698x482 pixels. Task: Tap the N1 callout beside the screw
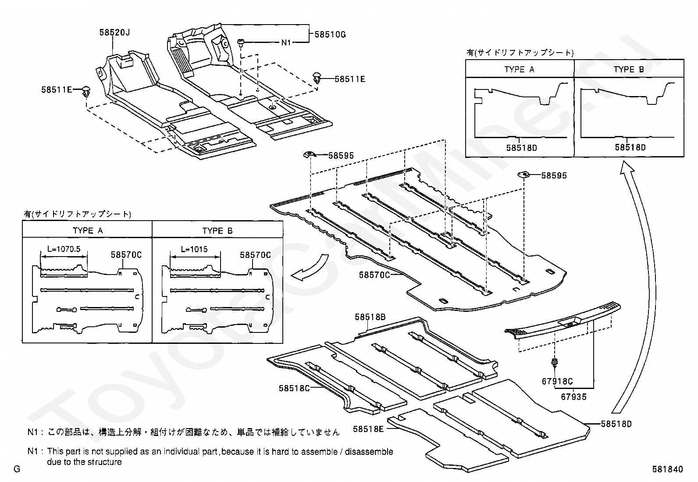point(286,43)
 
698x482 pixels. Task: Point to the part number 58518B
point(370,316)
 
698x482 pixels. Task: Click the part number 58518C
point(294,388)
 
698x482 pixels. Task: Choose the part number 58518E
point(368,429)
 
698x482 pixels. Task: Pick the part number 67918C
point(557,382)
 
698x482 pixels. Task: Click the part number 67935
point(573,397)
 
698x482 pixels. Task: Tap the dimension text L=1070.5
point(64,249)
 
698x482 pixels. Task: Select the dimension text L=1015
point(194,249)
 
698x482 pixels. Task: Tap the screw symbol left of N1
point(241,43)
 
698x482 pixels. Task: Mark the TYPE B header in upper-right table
point(629,69)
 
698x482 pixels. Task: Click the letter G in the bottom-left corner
point(17,469)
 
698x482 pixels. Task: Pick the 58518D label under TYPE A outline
point(521,148)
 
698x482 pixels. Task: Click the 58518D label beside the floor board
point(616,424)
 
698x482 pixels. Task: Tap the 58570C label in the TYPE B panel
point(255,255)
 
